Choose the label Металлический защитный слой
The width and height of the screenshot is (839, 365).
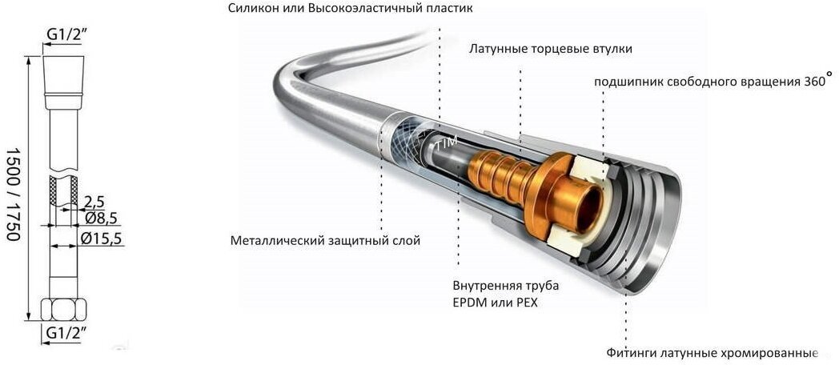(325, 239)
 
